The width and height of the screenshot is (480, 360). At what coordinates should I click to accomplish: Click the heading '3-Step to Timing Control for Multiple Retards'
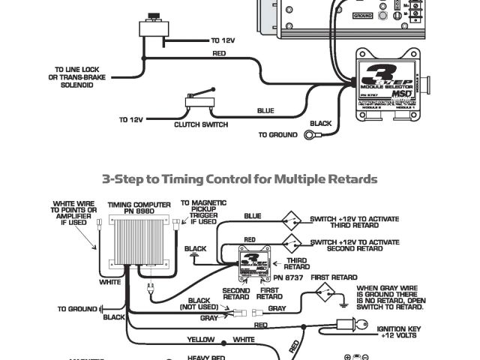pos(239,179)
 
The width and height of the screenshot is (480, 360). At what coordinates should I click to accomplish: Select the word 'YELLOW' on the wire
pos(200,340)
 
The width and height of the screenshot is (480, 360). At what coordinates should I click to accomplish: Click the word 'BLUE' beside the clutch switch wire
pos(265,111)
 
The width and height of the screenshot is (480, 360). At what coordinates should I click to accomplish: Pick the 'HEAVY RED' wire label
pos(207,357)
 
